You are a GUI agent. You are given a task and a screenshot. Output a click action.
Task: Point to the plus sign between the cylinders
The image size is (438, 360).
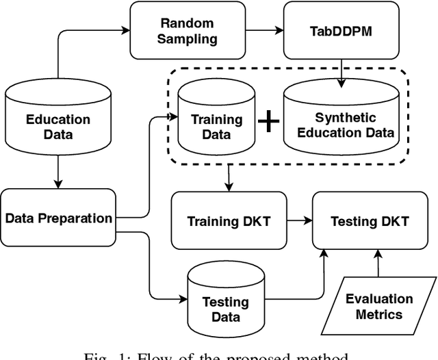click(x=269, y=123)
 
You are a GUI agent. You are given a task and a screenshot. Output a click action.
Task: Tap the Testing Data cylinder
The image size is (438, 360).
click(x=224, y=304)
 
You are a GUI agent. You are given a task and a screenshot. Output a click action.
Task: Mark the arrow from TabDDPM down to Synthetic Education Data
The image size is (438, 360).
click(x=340, y=70)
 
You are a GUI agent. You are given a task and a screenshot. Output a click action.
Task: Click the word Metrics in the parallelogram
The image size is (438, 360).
click(x=378, y=315)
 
